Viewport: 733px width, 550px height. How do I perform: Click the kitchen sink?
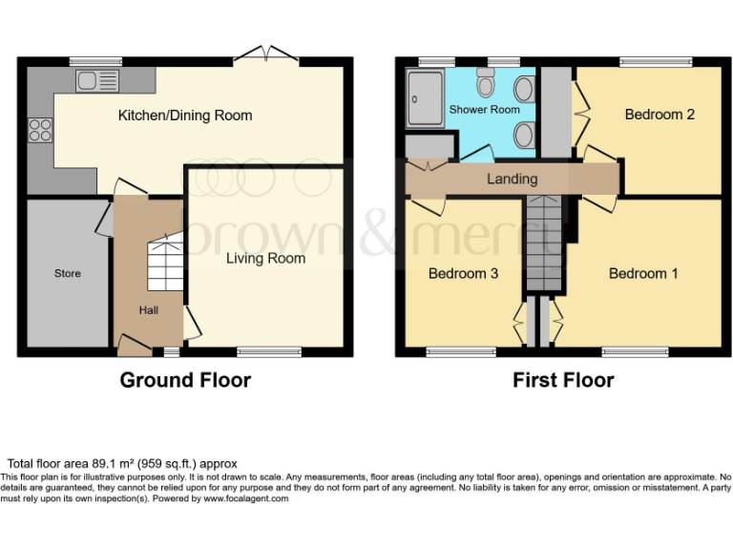(96, 80)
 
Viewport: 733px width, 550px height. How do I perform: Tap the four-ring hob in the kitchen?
(41, 129)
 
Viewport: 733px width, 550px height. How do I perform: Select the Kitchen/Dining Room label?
(184, 116)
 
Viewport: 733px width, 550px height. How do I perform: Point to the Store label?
(68, 273)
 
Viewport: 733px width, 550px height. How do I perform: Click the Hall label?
(148, 309)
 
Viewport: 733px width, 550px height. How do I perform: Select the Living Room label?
(265, 258)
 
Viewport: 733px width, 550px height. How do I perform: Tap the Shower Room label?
(484, 110)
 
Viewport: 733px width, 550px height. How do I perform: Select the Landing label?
(512, 179)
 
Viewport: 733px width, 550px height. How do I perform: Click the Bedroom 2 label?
(659, 115)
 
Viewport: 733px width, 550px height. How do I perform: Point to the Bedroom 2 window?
(657, 63)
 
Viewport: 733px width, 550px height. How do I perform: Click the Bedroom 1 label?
(643, 273)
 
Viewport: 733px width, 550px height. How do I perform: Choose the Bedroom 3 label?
(463, 273)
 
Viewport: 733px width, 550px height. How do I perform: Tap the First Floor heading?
(563, 380)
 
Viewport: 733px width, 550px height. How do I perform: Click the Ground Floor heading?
(185, 380)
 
